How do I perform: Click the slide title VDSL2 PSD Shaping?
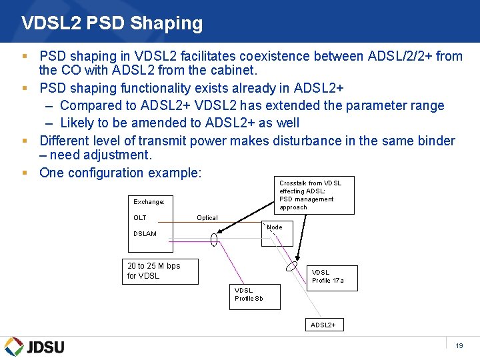(x=112, y=23)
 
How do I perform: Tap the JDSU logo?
(x=35, y=346)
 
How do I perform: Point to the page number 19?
(x=459, y=345)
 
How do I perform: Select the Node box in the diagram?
(x=277, y=233)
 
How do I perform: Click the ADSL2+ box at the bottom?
(x=326, y=325)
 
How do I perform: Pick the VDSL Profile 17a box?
(x=333, y=277)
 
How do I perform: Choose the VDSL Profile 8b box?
(x=255, y=297)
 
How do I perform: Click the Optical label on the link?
(x=207, y=217)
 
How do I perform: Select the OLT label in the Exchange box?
(x=140, y=217)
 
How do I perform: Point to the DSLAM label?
(x=145, y=233)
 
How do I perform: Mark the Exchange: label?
(x=149, y=201)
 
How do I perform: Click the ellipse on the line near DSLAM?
(x=214, y=239)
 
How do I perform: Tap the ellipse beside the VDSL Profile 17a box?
(x=292, y=265)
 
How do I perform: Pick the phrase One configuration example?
(x=120, y=173)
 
